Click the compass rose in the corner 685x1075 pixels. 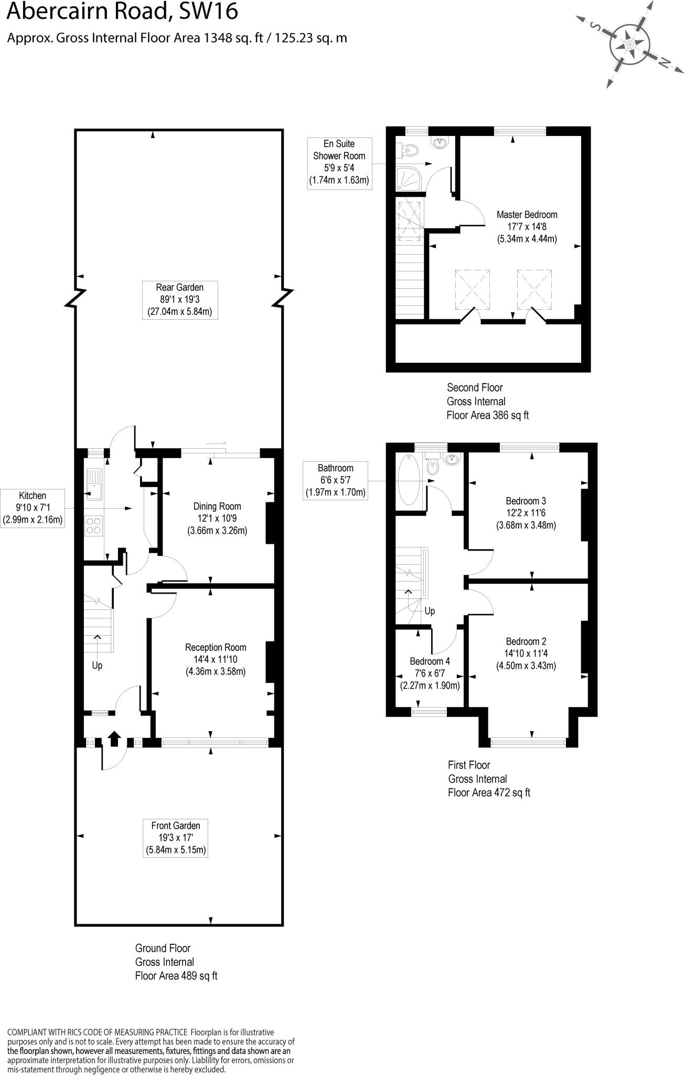(x=629, y=44)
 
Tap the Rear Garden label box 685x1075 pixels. (x=179, y=300)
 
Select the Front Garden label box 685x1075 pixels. (x=175, y=838)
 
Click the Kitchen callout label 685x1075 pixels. (x=33, y=508)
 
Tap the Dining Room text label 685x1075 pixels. (x=217, y=507)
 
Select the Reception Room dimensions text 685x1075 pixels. (x=215, y=666)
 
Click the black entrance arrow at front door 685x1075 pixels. (x=114, y=738)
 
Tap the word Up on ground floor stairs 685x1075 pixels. (x=97, y=666)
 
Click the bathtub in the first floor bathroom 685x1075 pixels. (x=409, y=480)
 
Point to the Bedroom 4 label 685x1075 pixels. (x=430, y=661)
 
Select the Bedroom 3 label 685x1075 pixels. (x=526, y=501)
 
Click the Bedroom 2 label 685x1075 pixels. (x=526, y=641)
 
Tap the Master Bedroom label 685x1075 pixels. (x=527, y=215)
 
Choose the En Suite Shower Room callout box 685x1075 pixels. (x=339, y=163)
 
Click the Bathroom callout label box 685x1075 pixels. (x=335, y=480)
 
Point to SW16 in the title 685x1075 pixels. (x=208, y=12)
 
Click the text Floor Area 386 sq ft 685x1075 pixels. (x=487, y=415)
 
